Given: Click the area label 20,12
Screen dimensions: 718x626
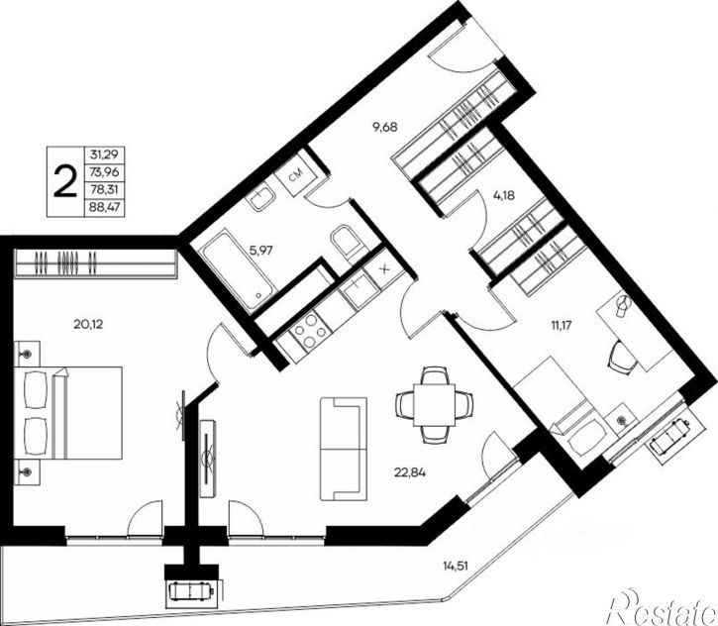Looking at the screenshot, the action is click(x=88, y=324).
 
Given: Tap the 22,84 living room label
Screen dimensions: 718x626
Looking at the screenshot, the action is click(x=410, y=471).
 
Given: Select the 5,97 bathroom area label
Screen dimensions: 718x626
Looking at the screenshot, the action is click(x=260, y=250).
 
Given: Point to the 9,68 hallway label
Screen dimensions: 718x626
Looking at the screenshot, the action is click(x=384, y=128).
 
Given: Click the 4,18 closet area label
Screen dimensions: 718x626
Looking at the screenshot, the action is click(x=504, y=195).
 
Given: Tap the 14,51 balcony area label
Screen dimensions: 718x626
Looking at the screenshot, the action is click(x=456, y=567).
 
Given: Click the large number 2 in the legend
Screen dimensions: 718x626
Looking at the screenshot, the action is click(x=65, y=181).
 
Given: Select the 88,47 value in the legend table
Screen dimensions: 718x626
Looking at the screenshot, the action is click(x=105, y=207).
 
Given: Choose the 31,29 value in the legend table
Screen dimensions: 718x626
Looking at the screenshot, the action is click(x=105, y=155).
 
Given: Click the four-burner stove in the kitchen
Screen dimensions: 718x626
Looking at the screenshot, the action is click(x=310, y=329).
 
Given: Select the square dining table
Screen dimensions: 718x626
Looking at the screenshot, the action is click(x=434, y=405).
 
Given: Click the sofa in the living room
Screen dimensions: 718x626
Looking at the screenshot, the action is click(x=344, y=449).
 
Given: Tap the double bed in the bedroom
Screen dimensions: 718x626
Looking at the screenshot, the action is click(x=68, y=413).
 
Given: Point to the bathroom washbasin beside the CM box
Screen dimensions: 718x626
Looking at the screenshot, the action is click(x=261, y=199).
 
